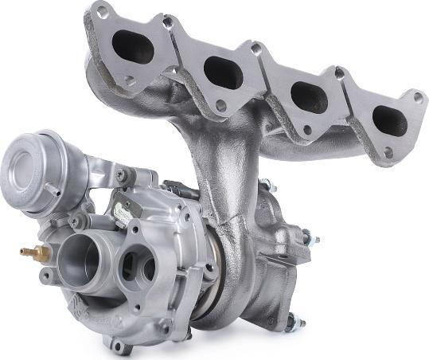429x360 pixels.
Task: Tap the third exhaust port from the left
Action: click(307, 97)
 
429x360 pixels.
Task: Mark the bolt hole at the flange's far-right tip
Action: click(417, 97)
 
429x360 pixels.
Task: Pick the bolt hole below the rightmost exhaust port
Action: click(388, 152)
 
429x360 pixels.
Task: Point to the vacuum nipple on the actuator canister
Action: click(53, 189)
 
